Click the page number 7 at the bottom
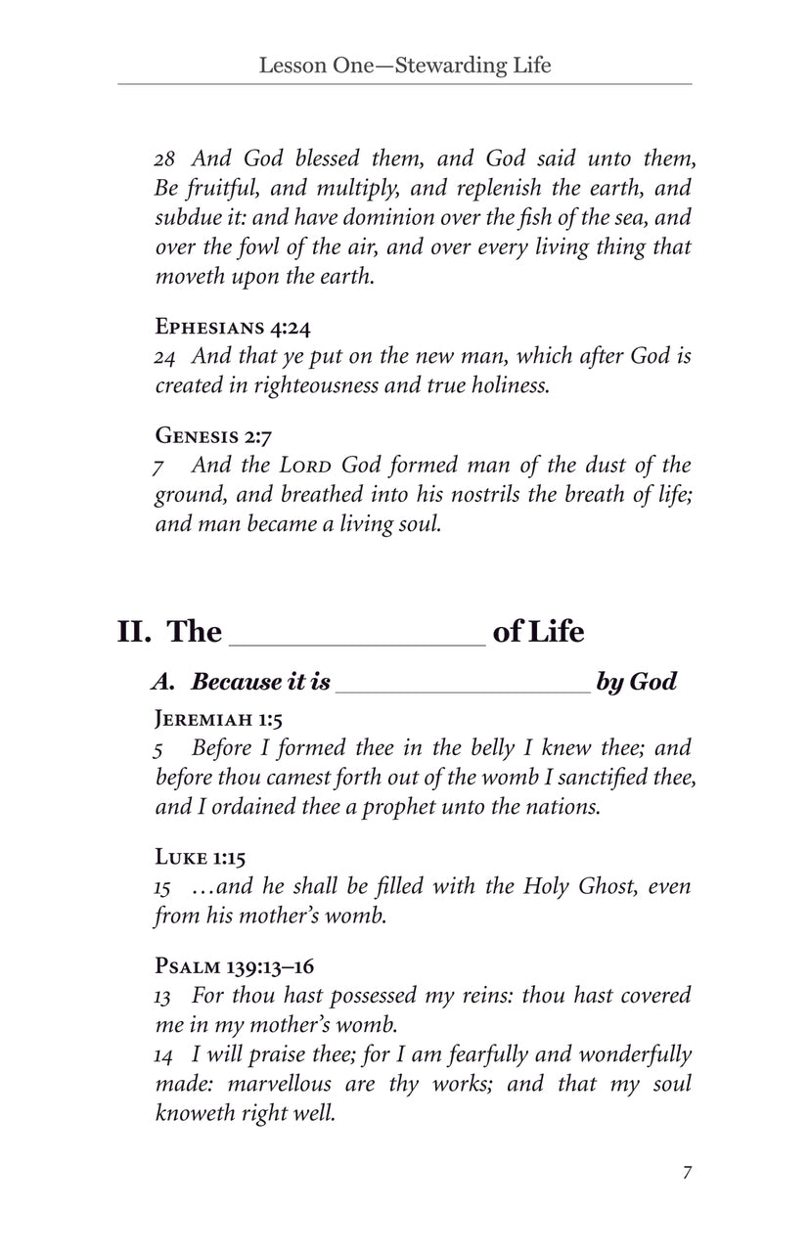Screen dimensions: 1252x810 (x=688, y=1173)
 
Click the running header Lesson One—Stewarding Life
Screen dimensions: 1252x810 (x=405, y=66)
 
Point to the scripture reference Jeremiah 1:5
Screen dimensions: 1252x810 (x=219, y=720)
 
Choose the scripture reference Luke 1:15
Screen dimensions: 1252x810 (x=201, y=857)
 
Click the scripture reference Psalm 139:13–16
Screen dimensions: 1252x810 (x=234, y=966)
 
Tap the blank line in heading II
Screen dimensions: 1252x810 (x=357, y=636)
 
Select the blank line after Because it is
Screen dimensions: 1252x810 (x=463, y=686)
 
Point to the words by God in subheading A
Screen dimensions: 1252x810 (x=636, y=682)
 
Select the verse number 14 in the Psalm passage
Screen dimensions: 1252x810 (x=165, y=1055)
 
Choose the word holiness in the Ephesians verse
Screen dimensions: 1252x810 (x=502, y=385)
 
